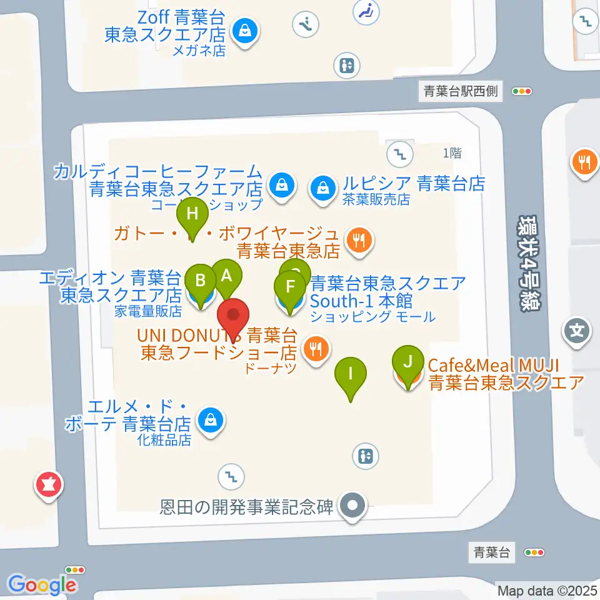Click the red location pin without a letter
point(234,319)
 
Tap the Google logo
point(42,584)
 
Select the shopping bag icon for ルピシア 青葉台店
point(322,186)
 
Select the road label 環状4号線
point(529,262)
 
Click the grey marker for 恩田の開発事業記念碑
point(352,505)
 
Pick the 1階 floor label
point(452,152)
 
